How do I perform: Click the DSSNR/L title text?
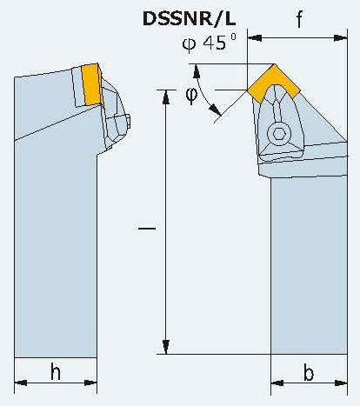click(189, 19)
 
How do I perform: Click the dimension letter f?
click(299, 19)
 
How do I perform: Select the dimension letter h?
click(56, 371)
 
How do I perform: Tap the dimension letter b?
click(309, 372)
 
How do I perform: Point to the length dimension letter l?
click(147, 229)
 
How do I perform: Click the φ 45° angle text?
click(210, 43)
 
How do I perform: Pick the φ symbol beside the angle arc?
click(191, 96)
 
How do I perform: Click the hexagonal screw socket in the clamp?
click(278, 134)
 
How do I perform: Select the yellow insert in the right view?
click(274, 83)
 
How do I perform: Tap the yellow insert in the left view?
click(91, 84)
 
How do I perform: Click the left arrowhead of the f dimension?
click(255, 38)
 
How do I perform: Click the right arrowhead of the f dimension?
click(340, 38)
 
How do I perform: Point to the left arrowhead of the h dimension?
click(21, 383)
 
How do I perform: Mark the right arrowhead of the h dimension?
click(90, 383)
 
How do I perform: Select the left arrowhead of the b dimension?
click(277, 383)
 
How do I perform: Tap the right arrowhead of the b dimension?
click(341, 383)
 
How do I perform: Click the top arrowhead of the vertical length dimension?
click(166, 97)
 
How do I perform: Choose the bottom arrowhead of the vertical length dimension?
click(166, 347)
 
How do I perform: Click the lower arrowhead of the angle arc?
click(215, 110)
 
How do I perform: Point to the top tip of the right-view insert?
click(274, 64)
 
